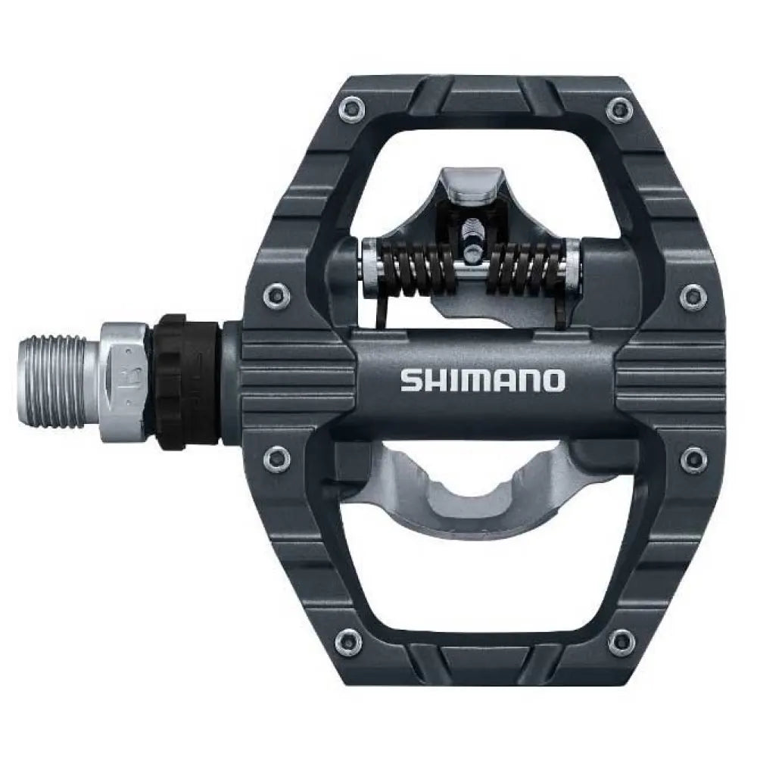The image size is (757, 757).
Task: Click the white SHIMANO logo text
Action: pyautogui.click(x=482, y=380)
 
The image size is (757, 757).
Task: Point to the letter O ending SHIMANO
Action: pyautogui.click(x=553, y=380)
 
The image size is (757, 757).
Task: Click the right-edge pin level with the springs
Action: pyautogui.click(x=691, y=296)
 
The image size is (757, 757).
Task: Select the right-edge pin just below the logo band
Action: pyautogui.click(x=692, y=458)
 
